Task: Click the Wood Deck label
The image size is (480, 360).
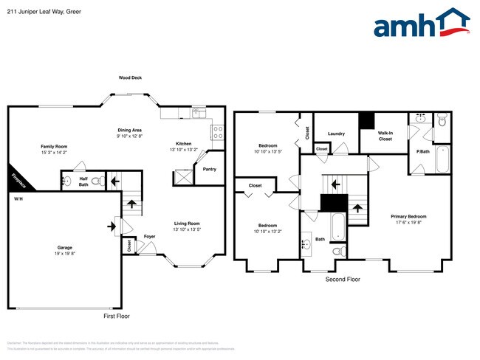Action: pyautogui.click(x=131, y=77)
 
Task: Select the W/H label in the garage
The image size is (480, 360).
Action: pyautogui.click(x=18, y=200)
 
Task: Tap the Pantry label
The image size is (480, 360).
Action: pyautogui.click(x=209, y=169)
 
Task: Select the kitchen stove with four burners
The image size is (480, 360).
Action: pyautogui.click(x=219, y=133)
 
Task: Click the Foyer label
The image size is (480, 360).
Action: pyautogui.click(x=149, y=237)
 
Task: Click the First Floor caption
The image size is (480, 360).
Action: pyautogui.click(x=116, y=315)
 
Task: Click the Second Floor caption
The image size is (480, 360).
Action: pyautogui.click(x=343, y=280)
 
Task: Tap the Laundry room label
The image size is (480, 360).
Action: pyautogui.click(x=336, y=134)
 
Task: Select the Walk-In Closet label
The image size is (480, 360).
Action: pyautogui.click(x=385, y=135)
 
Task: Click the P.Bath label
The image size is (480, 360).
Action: pyautogui.click(x=422, y=152)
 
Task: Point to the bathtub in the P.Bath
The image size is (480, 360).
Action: pyautogui.click(x=442, y=158)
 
